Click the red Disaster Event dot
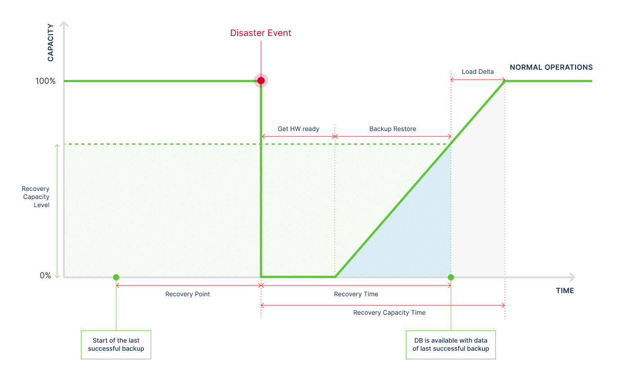point(261,81)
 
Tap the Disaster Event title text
point(261,33)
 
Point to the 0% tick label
point(45,276)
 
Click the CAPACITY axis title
point(50,43)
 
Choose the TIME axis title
point(565,290)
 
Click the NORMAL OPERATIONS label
point(551,68)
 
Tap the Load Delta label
point(477,72)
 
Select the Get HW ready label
point(298,129)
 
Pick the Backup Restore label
point(392,129)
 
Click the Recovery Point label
point(188,294)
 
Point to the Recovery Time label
point(356,294)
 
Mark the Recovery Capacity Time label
point(389,312)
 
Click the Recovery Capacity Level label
point(36,197)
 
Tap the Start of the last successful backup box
point(116,345)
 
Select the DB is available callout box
point(451,345)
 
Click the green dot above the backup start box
point(116,277)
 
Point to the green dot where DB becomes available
point(451,277)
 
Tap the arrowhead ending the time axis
point(572,277)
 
